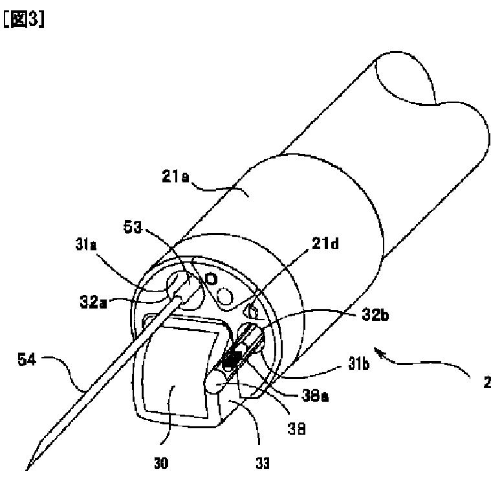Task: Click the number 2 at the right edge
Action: pyautogui.click(x=485, y=383)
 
